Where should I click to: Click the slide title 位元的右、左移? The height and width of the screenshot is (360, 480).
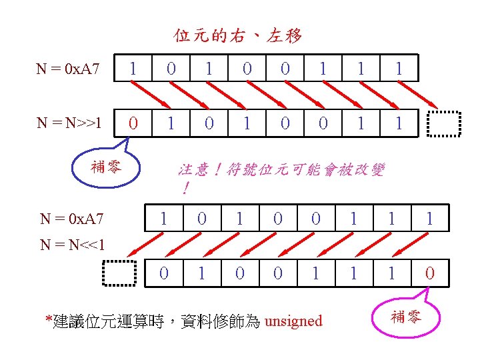[238, 35]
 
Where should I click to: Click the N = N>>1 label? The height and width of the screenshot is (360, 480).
[69, 123]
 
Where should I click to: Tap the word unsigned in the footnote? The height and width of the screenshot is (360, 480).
[293, 321]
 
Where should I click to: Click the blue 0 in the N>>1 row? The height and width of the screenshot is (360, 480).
[134, 123]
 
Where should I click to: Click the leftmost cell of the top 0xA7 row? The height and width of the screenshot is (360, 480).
[134, 68]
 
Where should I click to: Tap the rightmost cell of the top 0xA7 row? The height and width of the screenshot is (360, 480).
[399, 68]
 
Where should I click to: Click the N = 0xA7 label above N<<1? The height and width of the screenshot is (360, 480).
[71, 218]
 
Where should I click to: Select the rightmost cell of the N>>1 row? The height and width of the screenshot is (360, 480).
[399, 123]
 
